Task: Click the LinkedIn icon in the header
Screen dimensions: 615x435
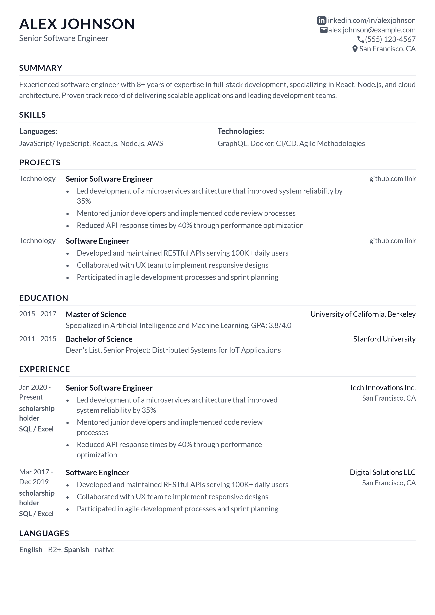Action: tap(321, 20)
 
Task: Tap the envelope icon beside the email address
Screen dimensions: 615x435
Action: tap(323, 30)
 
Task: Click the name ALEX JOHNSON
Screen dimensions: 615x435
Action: tap(77, 24)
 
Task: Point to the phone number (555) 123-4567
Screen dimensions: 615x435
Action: tap(390, 39)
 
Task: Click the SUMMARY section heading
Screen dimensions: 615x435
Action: tap(41, 68)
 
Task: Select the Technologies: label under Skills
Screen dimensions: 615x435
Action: tap(241, 131)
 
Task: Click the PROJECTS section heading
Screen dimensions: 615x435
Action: tap(40, 163)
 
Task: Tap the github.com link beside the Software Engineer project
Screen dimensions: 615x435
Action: tap(392, 241)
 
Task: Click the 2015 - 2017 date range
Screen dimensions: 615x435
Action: tap(38, 314)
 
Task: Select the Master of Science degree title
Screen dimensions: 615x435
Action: tap(96, 315)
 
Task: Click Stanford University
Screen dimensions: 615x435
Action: tap(384, 339)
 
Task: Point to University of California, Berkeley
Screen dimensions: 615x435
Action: tap(363, 314)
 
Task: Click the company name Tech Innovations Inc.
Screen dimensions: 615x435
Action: tap(382, 388)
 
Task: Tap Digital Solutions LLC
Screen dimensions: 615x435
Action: tap(383, 472)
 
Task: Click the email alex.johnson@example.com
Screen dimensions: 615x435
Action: tap(372, 30)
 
